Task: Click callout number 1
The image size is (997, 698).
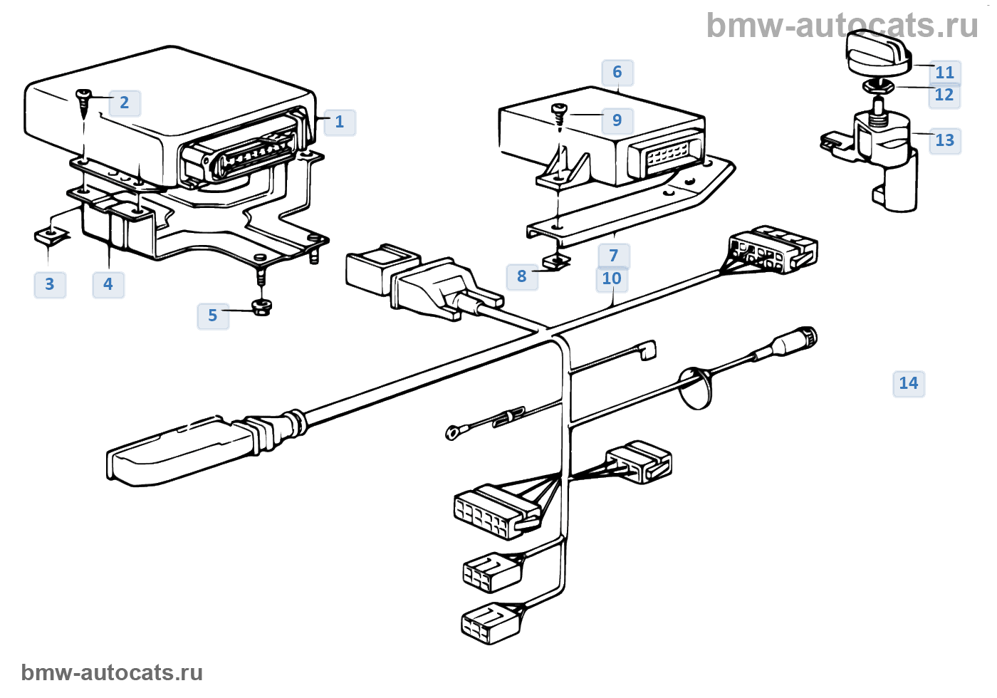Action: click(340, 122)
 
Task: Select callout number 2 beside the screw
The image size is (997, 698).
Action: click(125, 103)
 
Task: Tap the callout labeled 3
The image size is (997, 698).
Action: click(50, 284)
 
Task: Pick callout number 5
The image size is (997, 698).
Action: click(213, 316)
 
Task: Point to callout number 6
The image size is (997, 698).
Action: click(617, 72)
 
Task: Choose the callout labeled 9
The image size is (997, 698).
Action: click(617, 120)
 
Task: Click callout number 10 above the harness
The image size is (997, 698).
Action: click(612, 278)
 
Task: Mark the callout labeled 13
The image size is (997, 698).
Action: click(945, 140)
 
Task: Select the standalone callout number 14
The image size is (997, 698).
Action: click(909, 383)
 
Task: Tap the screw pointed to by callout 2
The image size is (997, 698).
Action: click(84, 100)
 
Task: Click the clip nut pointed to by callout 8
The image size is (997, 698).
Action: click(557, 261)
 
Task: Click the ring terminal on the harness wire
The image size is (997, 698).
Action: click(452, 430)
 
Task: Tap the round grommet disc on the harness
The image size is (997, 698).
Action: click(696, 387)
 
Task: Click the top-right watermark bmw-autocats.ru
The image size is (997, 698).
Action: click(842, 26)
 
